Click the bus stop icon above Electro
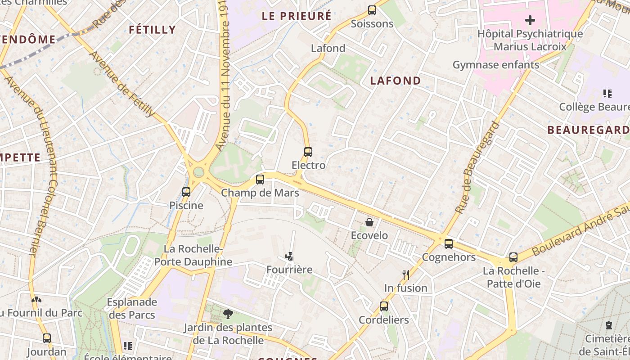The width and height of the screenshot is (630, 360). pos(308,152)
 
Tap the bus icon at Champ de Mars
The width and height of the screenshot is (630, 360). pos(260,180)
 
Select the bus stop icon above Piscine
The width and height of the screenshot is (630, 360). pos(186,192)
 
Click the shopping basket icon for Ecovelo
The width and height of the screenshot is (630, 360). pos(369,222)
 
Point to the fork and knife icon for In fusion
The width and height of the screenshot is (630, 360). pos(405,274)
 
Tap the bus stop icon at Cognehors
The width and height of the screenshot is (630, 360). pos(449,244)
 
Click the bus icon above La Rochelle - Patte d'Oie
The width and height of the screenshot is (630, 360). pos(513,257)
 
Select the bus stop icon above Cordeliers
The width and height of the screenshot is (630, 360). pos(384,306)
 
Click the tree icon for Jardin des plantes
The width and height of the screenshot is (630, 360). pos(228,314)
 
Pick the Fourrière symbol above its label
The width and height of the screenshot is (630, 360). pos(289,256)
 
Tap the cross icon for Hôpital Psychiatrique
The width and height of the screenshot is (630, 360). pos(530,20)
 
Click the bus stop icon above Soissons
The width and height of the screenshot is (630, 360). pos(372,10)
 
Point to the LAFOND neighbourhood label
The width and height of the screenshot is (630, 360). pos(396,81)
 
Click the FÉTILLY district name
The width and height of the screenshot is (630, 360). pos(152,30)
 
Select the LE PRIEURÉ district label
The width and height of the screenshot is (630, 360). pos(297,16)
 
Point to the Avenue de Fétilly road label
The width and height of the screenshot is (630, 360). pos(122,84)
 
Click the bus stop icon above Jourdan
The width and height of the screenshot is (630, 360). pos(47,338)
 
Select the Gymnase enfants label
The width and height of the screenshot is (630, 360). pos(496,65)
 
